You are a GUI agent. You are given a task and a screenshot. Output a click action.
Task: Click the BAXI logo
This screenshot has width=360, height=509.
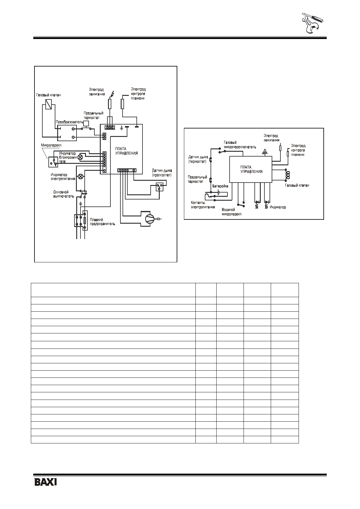click(46, 482)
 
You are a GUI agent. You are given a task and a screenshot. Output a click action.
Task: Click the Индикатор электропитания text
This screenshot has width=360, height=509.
click(63, 177)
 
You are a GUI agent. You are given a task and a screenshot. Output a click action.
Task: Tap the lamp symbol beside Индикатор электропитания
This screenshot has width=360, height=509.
click(81, 177)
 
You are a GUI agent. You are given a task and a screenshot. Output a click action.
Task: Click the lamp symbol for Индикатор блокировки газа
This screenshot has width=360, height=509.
click(80, 157)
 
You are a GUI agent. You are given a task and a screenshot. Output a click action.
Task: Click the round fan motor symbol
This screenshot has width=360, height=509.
click(149, 218)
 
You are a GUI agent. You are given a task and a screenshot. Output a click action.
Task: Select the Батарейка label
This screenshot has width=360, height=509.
click(220, 186)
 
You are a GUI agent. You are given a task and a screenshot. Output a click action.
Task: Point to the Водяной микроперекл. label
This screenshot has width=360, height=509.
click(232, 212)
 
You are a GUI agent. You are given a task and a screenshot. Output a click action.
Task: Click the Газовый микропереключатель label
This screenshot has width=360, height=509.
click(240, 145)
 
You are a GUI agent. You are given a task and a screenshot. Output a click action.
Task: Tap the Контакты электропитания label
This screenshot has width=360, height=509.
click(202, 205)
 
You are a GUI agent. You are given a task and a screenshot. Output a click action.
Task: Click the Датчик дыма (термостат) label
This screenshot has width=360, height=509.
click(198, 159)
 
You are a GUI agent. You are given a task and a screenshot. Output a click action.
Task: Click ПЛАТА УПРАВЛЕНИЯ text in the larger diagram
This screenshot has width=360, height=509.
click(126, 151)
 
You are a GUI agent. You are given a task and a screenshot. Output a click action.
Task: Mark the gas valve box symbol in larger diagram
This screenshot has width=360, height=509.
click(48, 105)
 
